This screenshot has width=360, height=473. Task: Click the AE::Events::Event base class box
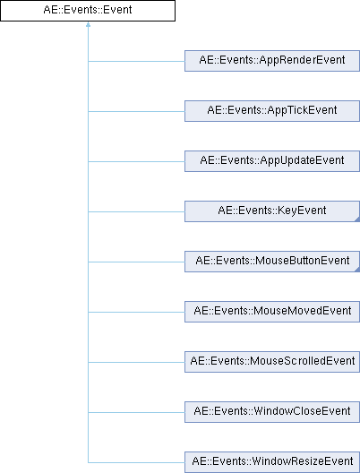pyautogui.click(x=88, y=11)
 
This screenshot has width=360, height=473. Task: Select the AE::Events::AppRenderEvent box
pyautogui.click(x=272, y=61)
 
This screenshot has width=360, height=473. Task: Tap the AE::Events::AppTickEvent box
pyautogui.click(x=272, y=111)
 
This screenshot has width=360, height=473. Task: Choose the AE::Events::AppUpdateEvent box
pyautogui.click(x=272, y=161)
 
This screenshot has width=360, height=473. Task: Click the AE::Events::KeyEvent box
pyautogui.click(x=272, y=211)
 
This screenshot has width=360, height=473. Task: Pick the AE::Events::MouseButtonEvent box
pyautogui.click(x=272, y=262)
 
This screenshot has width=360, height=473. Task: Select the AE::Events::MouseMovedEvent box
pyautogui.click(x=272, y=312)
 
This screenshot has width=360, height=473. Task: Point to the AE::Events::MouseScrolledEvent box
pyautogui.click(x=272, y=362)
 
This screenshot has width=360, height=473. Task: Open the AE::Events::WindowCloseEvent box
pyautogui.click(x=272, y=412)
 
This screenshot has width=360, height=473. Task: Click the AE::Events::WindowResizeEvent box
pyautogui.click(x=272, y=462)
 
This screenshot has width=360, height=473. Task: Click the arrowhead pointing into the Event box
pyautogui.click(x=88, y=24)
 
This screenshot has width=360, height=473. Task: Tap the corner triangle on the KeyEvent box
pyautogui.click(x=357, y=219)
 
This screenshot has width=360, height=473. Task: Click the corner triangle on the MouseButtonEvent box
pyautogui.click(x=357, y=270)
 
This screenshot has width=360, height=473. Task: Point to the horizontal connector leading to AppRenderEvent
pyautogui.click(x=136, y=61)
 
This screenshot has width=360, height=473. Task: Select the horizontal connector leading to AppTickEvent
pyautogui.click(x=136, y=111)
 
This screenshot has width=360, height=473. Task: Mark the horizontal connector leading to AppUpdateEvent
pyautogui.click(x=136, y=161)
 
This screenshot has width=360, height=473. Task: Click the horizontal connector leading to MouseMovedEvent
pyautogui.click(x=136, y=312)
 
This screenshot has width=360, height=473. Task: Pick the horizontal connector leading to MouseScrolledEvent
pyautogui.click(x=136, y=362)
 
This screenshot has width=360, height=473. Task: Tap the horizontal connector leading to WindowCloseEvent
pyautogui.click(x=136, y=412)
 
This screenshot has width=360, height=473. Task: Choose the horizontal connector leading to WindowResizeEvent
pyautogui.click(x=136, y=462)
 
